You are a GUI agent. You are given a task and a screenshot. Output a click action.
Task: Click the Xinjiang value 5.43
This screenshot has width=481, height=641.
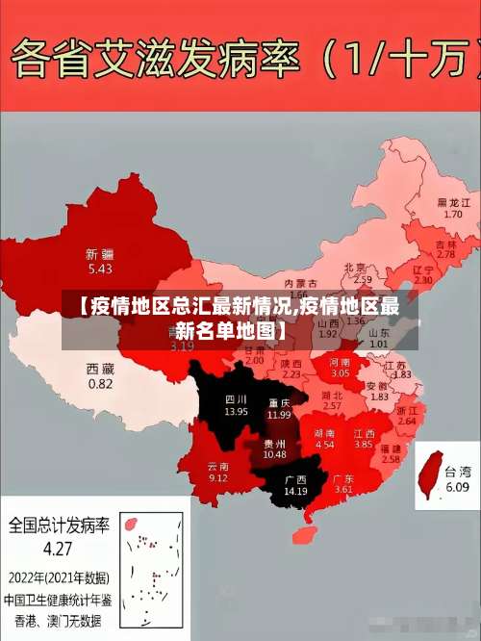[100, 269]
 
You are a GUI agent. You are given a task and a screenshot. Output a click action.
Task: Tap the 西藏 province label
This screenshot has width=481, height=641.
[100, 369]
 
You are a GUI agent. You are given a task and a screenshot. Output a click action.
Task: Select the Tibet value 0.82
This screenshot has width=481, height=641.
[100, 383]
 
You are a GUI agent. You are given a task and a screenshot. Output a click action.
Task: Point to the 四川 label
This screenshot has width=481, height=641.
[236, 398]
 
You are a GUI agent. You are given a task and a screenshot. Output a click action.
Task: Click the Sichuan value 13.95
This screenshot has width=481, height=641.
[236, 411]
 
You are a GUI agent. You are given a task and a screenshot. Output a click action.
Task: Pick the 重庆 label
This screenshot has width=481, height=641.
[280, 402]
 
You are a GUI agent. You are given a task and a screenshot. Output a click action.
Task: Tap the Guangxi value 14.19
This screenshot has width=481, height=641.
[294, 491]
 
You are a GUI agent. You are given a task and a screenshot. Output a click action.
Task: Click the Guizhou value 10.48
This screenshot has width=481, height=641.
[274, 454]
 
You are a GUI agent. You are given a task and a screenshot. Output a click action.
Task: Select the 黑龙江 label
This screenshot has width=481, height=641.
[453, 203]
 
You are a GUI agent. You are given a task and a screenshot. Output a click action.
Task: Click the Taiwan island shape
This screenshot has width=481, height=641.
[428, 477]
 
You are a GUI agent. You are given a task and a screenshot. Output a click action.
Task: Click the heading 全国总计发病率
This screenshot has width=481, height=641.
[59, 526]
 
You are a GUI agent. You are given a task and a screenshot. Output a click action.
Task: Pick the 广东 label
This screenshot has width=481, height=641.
[343, 478]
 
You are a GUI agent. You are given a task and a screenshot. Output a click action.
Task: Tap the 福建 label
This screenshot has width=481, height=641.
[391, 449]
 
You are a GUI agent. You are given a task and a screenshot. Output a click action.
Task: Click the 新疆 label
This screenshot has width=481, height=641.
[100, 254]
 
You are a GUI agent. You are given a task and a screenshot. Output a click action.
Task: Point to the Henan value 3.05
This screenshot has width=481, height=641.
[341, 372]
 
